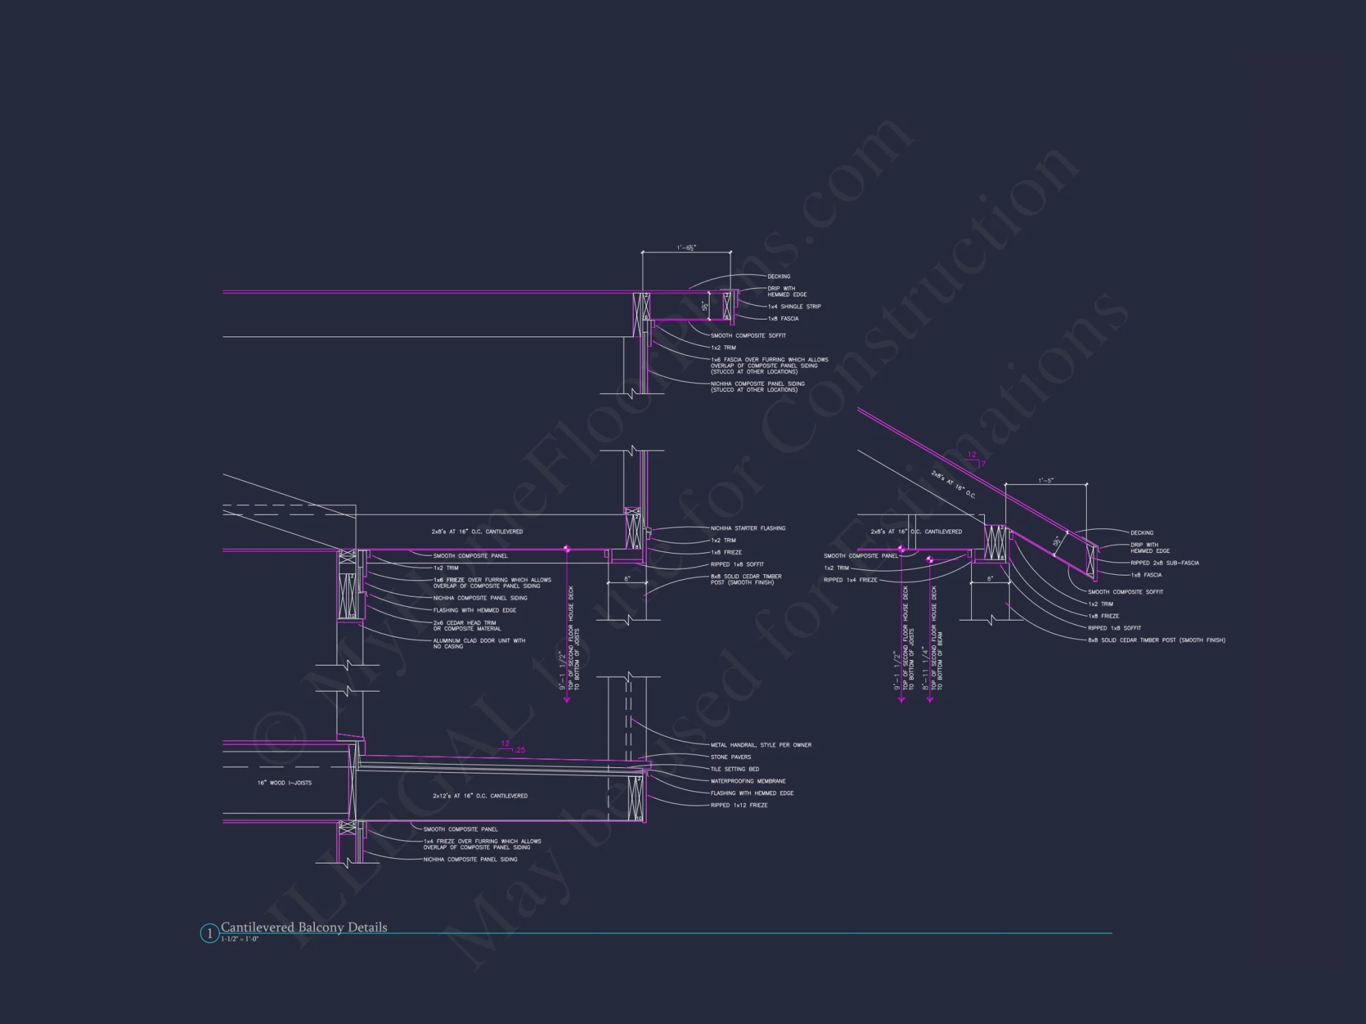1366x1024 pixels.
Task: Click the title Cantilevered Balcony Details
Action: [x=304, y=927]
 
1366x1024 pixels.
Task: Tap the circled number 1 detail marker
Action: [x=209, y=933]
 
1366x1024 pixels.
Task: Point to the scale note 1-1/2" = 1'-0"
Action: [x=240, y=939]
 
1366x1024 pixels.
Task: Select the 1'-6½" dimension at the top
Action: [x=686, y=248]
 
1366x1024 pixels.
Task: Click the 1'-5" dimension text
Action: [x=1046, y=481]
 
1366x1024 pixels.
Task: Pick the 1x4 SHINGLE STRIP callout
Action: [x=794, y=307]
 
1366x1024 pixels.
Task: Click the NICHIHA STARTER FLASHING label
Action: [x=748, y=528]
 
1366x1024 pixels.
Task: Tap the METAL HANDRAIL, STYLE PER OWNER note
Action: [x=761, y=745]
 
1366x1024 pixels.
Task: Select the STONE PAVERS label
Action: [x=730, y=757]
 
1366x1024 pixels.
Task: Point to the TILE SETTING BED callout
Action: [x=734, y=769]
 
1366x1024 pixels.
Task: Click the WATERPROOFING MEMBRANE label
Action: [x=748, y=781]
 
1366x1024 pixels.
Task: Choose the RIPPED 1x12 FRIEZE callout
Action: [x=739, y=806]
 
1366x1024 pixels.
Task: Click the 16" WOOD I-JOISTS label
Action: [x=284, y=783]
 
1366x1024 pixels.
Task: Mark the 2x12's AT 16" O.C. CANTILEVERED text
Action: [x=479, y=796]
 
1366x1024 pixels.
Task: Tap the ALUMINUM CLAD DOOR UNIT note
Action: [x=479, y=644]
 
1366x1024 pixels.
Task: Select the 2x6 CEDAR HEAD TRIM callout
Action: [x=467, y=625]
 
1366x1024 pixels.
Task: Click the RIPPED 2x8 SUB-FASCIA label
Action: [x=1165, y=563]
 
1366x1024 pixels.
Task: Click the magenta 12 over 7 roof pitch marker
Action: [x=975, y=459]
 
